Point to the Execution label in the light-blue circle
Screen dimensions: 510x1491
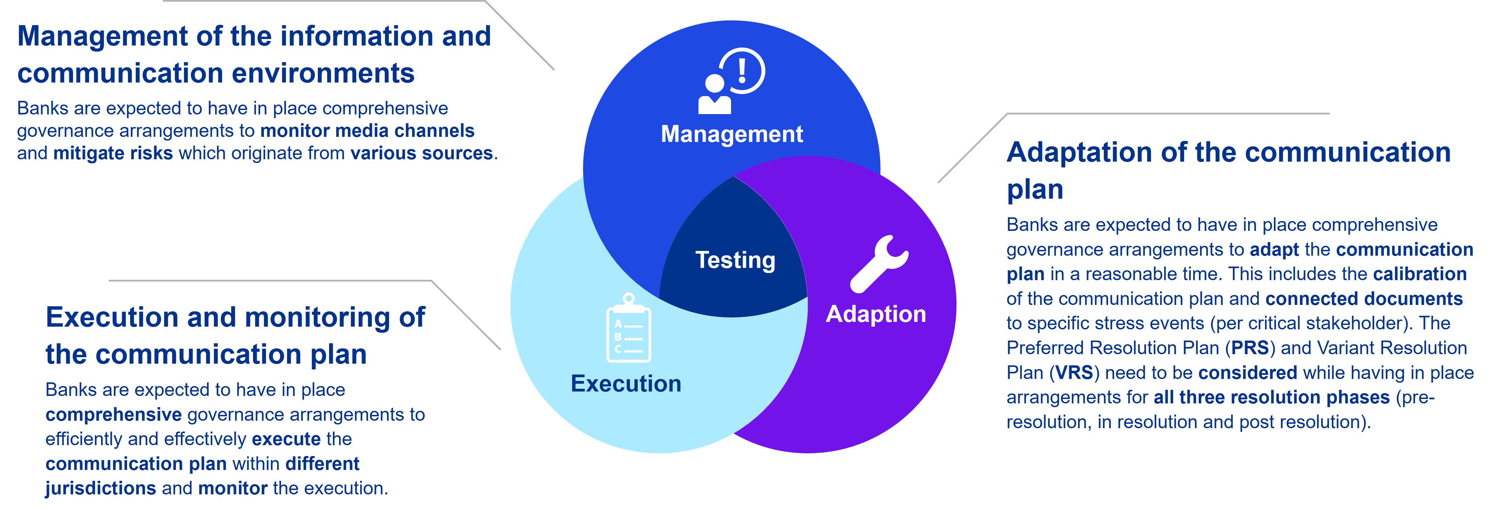[x=626, y=384]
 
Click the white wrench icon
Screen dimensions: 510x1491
[x=879, y=263]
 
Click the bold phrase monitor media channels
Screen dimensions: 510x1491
[x=367, y=131]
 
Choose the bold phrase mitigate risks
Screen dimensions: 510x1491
[x=113, y=153]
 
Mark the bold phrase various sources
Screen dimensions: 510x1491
[x=421, y=153]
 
